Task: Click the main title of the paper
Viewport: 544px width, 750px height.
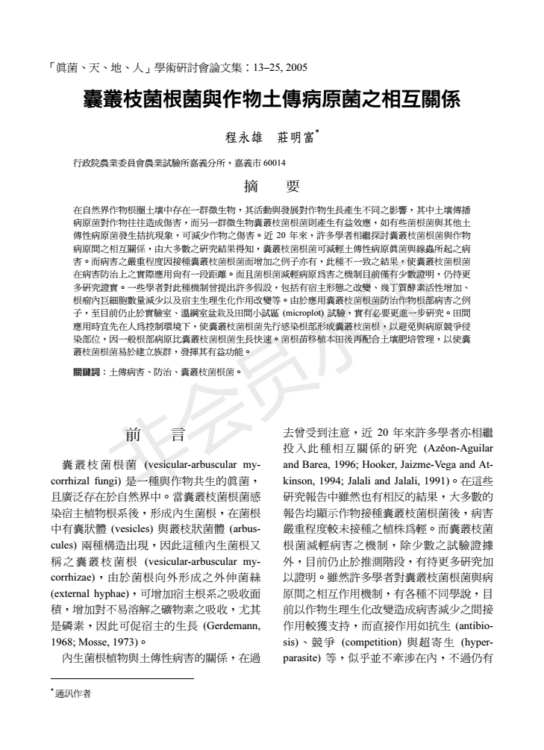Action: pos(271,99)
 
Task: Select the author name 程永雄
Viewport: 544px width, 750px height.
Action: pos(242,137)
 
